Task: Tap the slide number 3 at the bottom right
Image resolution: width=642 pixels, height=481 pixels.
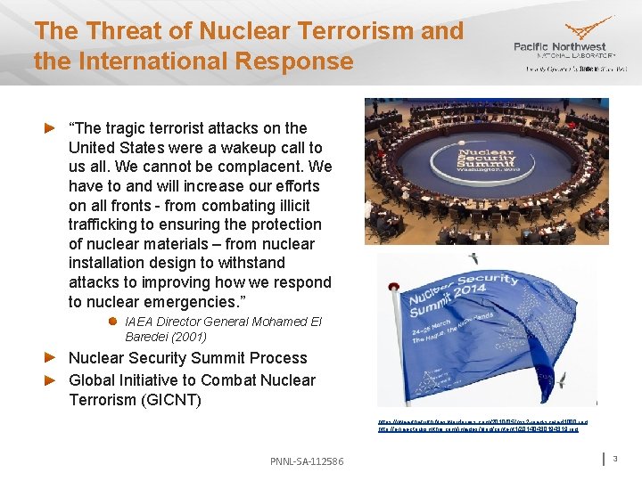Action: point(615,458)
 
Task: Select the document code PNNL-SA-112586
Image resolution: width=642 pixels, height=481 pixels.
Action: point(306,461)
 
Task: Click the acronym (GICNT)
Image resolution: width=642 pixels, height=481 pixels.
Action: point(169,399)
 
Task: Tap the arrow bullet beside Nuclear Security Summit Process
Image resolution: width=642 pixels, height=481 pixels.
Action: point(52,358)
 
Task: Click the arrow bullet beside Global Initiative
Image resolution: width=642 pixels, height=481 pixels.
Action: point(52,380)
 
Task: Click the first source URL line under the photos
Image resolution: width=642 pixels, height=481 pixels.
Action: point(482,421)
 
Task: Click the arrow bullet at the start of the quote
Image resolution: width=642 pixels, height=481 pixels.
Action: point(52,128)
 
